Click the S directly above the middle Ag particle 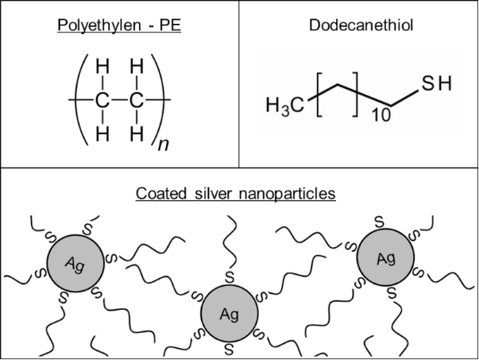[229, 277]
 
